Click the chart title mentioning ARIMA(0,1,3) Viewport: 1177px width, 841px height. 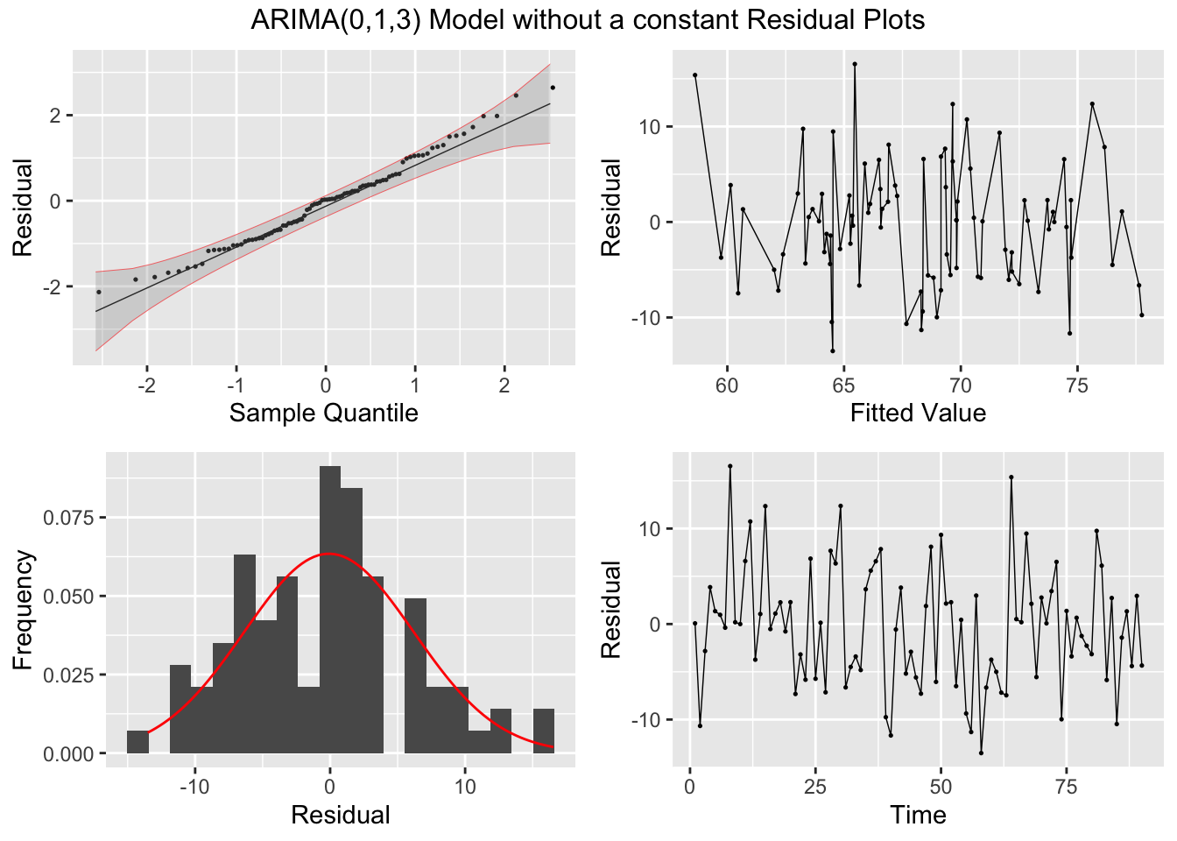click(588, 19)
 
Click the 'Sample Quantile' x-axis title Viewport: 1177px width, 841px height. click(323, 413)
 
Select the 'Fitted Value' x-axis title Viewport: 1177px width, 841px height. click(918, 413)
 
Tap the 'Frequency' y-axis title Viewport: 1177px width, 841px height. click(23, 610)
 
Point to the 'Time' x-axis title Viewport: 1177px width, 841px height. click(918, 815)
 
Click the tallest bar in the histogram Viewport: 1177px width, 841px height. click(330, 609)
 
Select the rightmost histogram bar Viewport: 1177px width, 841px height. click(544, 731)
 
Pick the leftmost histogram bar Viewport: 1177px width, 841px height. click(137, 741)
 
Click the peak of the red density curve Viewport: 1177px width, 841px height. click(328, 555)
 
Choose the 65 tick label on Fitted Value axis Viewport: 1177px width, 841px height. click(843, 386)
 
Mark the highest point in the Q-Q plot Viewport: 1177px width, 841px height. click(553, 88)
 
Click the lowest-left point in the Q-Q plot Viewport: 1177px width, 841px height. click(98, 292)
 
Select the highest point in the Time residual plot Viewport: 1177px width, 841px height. click(729, 466)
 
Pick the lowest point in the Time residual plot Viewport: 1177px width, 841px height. click(981, 753)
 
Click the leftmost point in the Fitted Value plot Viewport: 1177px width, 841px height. click(694, 75)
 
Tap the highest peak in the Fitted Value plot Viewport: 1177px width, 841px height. click(855, 64)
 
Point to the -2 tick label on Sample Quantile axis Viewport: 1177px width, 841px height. click(146, 386)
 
